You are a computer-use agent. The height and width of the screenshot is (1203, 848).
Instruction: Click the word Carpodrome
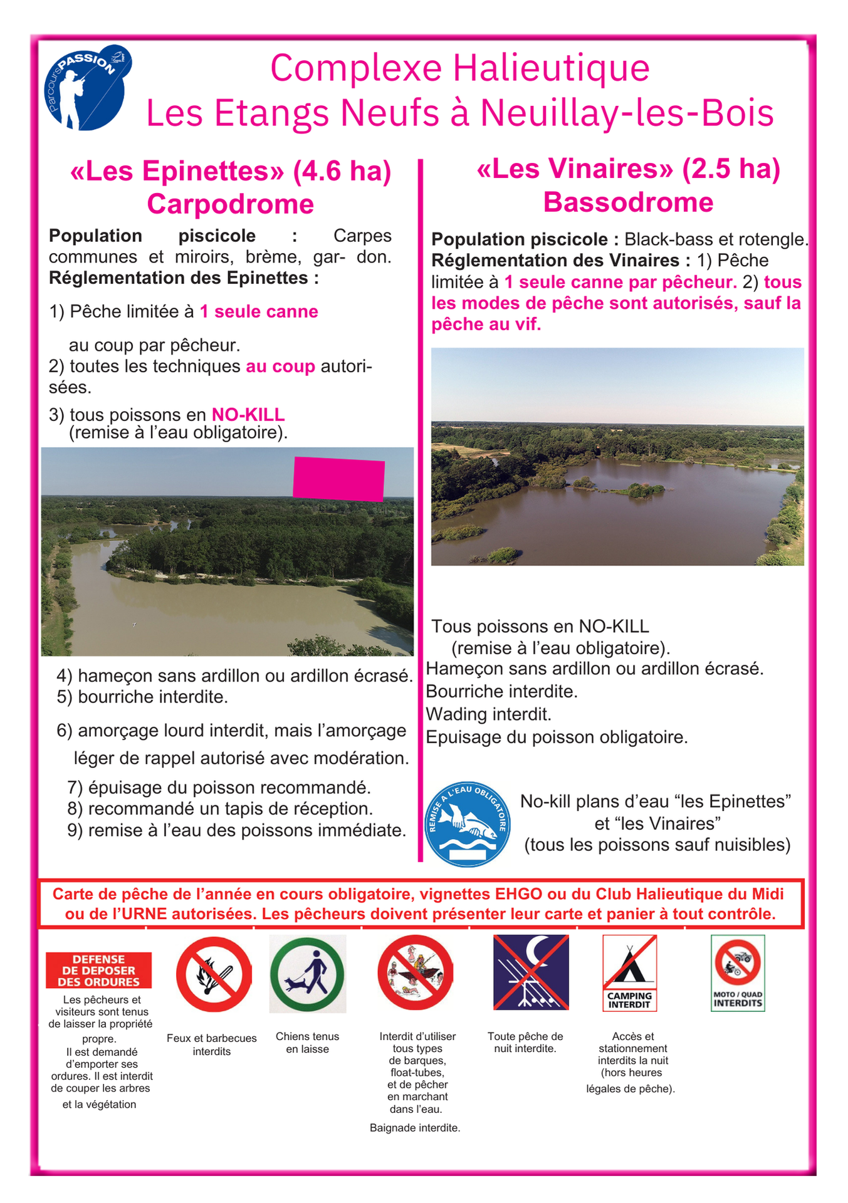230,204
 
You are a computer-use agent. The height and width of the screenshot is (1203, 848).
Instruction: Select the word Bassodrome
628,202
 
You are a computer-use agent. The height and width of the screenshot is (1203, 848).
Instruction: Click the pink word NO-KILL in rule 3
248,415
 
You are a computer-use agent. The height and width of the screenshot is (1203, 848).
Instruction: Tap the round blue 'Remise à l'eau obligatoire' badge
468,824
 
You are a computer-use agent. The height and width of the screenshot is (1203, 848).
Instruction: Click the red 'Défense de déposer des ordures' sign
98,971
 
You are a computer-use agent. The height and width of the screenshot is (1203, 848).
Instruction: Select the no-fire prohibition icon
213,974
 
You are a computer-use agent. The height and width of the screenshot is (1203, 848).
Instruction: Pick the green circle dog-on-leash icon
307,974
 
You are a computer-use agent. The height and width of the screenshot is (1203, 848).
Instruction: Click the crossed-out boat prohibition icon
415,973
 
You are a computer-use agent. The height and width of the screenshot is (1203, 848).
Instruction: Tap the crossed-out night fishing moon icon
530,972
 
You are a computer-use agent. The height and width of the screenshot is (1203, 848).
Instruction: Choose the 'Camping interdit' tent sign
629,972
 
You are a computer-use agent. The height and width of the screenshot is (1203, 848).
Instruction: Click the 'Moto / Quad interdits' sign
738,972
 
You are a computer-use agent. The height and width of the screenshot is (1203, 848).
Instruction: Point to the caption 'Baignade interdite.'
415,1128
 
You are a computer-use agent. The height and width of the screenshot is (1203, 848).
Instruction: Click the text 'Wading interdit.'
488,714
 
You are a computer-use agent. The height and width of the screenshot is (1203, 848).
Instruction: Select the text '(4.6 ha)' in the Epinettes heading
342,171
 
